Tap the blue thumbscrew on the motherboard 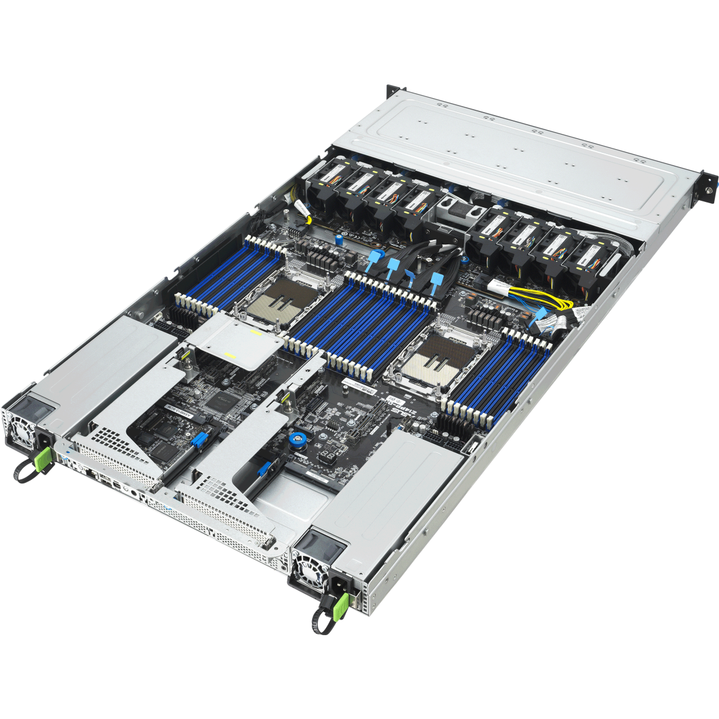tap(295, 440)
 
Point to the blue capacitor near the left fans tap(339, 238)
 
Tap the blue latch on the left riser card tap(197, 442)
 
